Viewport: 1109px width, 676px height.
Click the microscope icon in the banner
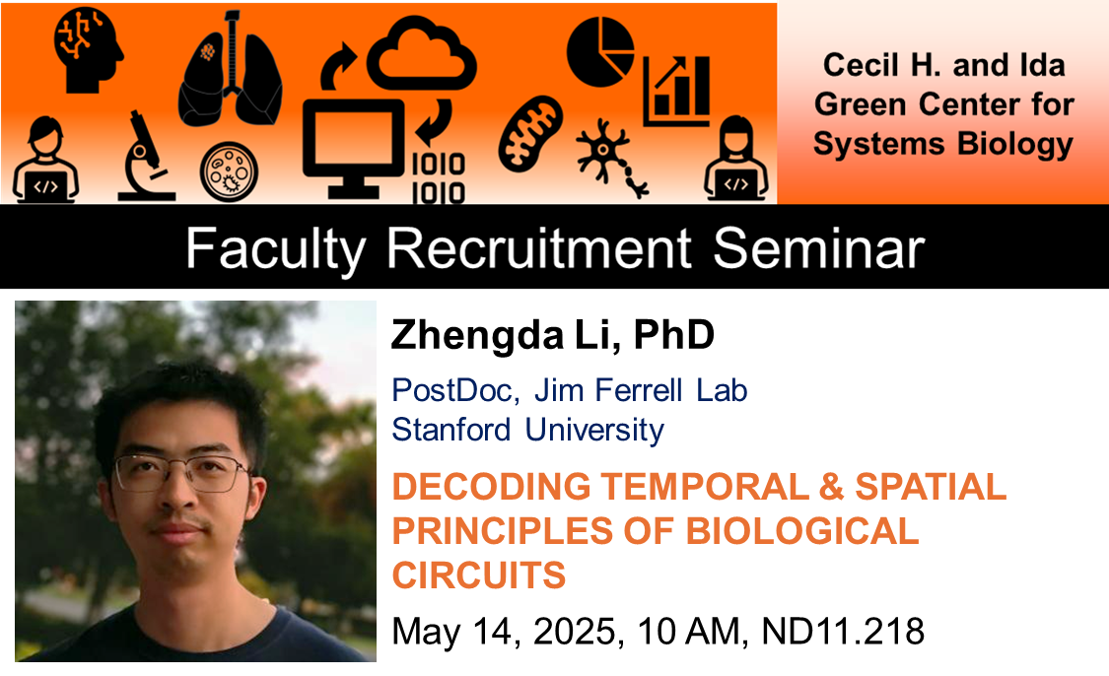pos(146,156)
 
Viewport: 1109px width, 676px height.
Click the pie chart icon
pos(599,51)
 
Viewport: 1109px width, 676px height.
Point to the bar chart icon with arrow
pos(676,91)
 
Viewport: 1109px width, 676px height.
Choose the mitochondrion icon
pos(530,134)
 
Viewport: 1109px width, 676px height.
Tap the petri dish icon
pos(229,171)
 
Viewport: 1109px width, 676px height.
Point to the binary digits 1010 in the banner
pos(439,178)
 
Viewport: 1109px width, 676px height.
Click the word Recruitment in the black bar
pos(538,248)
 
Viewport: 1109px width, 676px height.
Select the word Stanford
pos(451,430)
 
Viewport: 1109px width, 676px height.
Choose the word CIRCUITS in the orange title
pos(479,575)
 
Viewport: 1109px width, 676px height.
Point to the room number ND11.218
pos(843,631)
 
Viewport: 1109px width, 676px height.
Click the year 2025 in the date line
pos(574,631)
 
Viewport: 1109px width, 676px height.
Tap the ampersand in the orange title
pos(831,487)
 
